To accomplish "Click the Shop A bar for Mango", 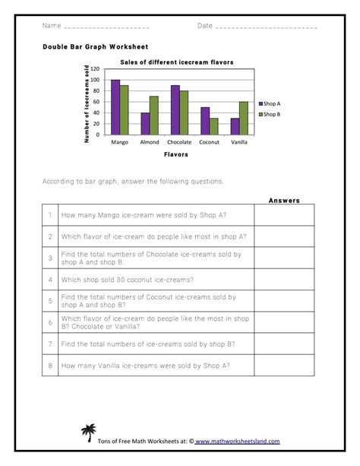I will point(115,107).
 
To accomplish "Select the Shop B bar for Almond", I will point(153,116).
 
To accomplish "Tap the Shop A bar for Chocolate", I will point(175,110).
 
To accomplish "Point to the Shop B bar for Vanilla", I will point(243,118).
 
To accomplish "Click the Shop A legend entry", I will point(270,103).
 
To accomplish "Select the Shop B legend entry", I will point(270,114).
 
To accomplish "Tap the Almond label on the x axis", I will point(150,142).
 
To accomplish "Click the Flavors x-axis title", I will point(175,154).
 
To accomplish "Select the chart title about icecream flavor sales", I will point(176,62).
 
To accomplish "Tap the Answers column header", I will point(284,201).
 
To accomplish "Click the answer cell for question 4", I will point(284,279).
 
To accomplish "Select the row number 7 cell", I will point(49,344).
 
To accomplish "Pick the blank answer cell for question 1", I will point(284,215).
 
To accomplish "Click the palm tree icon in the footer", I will point(88,433).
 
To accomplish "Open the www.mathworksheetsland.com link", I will point(237,441).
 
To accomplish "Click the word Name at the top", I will point(51,26).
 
